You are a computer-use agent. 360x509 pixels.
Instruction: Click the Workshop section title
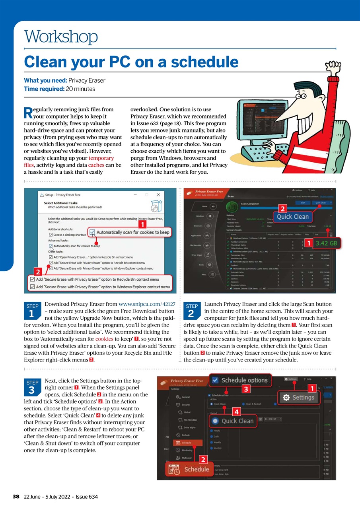point(61,37)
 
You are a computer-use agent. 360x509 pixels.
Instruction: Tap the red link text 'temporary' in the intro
point(101,158)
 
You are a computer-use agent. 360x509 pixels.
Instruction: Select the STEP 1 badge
point(32,311)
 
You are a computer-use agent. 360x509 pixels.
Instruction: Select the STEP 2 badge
point(192,311)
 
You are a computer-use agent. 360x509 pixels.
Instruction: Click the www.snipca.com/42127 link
point(147,304)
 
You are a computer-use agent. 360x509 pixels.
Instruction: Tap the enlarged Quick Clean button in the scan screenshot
point(292,217)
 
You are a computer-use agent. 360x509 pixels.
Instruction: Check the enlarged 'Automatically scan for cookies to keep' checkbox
point(92,232)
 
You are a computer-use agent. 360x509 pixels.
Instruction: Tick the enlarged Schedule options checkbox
point(215,380)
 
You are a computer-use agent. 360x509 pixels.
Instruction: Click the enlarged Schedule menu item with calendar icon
point(189,469)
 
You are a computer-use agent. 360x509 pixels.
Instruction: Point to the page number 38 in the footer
point(16,497)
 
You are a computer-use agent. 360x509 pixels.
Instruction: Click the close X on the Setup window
point(158,195)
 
